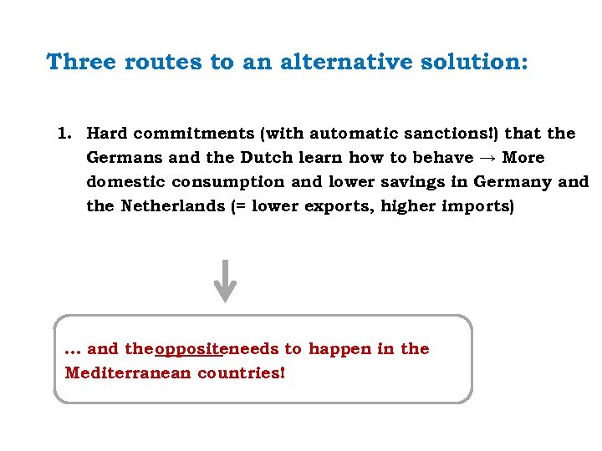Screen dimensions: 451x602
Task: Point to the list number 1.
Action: [64, 134]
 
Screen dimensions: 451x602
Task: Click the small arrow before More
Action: [487, 158]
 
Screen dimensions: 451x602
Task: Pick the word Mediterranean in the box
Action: [128, 372]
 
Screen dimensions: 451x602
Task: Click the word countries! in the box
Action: [242, 372]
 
